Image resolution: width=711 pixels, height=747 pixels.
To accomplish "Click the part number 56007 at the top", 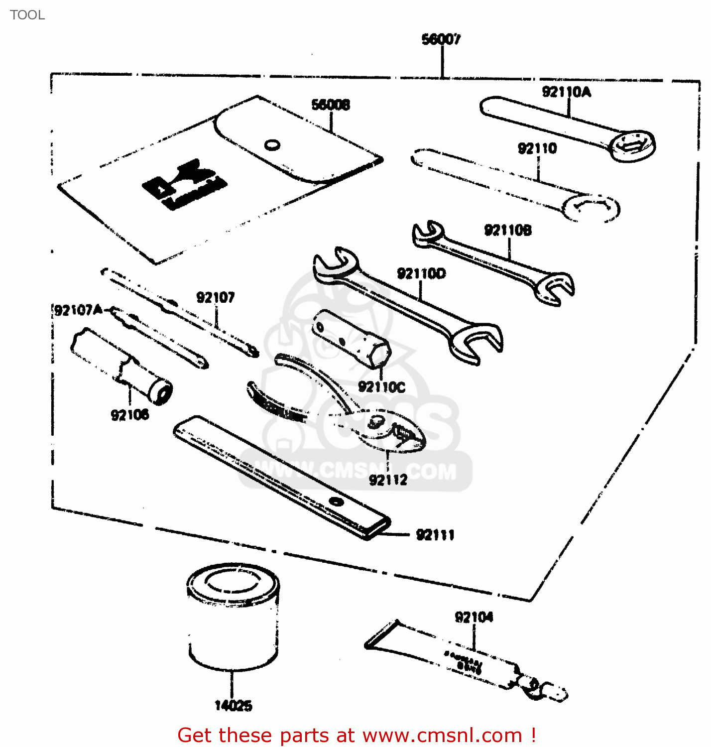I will coord(441,39).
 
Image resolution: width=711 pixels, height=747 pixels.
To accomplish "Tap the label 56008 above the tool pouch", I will coord(331,105).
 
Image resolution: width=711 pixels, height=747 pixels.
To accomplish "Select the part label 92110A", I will coord(566,92).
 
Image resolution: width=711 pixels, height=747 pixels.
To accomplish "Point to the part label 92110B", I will coord(508,230).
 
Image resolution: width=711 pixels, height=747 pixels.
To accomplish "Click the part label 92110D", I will coord(421,273).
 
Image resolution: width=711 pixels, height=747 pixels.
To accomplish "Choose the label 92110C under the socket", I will coord(381,387).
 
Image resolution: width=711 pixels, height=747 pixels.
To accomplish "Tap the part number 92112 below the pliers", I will coord(388,480).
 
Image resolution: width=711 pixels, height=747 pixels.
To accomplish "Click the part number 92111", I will coord(435,535).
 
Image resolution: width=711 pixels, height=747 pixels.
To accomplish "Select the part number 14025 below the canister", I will coord(233,706).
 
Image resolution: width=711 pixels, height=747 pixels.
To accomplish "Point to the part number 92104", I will coord(474,618).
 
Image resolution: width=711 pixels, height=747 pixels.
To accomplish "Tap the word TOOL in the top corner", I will coord(27,15).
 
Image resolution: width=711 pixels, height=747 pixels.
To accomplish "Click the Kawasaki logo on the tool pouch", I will coord(185,184).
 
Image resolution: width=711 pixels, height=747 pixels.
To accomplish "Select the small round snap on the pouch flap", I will coord(272,145).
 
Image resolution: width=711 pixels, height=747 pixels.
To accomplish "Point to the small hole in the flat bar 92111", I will coord(337,501).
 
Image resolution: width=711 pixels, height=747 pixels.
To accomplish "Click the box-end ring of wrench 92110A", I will coord(632,146).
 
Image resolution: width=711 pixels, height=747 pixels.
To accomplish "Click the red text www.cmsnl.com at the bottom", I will coord(442,735).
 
